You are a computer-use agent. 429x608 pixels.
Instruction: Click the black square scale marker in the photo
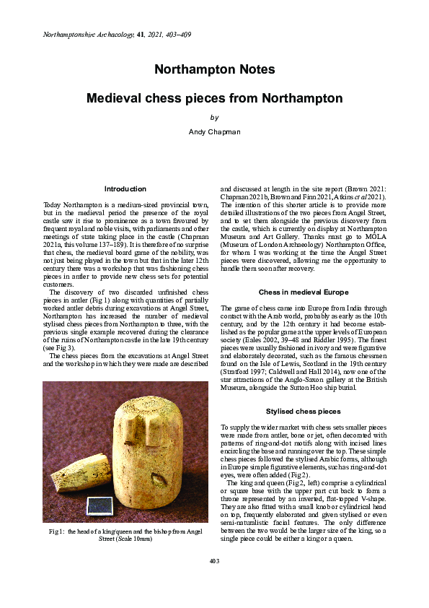[x=96, y=504]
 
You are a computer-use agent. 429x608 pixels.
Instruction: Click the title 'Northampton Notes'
[x=214, y=69]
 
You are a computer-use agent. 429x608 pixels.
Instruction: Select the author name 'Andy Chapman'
[x=214, y=131]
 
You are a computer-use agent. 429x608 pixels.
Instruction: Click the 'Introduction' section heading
[x=125, y=189]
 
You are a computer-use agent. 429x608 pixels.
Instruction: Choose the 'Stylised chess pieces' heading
[x=304, y=412]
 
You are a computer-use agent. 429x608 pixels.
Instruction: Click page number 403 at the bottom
[x=214, y=581]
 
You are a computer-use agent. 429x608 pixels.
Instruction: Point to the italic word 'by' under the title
[x=214, y=117]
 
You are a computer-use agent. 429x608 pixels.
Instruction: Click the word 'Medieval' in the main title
[x=115, y=97]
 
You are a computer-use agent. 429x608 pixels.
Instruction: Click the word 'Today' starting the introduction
[x=53, y=206]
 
